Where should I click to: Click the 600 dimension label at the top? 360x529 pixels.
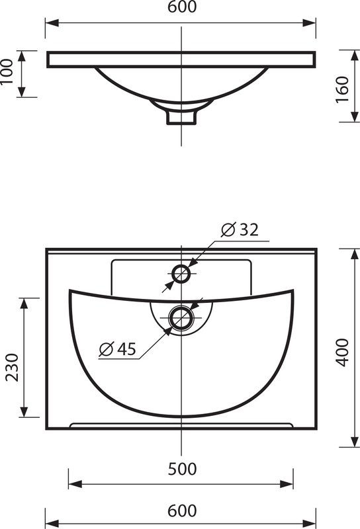tap(182, 7)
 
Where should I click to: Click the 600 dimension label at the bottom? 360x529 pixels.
tap(182, 510)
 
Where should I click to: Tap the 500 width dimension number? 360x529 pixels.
tap(182, 469)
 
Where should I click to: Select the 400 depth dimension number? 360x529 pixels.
tap(342, 352)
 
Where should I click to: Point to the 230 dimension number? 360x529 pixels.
tap(12, 368)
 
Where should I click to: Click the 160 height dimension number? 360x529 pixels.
tap(342, 90)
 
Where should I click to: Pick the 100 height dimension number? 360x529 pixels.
tap(7, 72)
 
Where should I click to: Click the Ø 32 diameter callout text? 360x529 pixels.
tap(240, 229)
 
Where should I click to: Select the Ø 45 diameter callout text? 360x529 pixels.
tap(117, 348)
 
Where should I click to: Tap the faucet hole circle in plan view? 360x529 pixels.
tap(181, 273)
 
